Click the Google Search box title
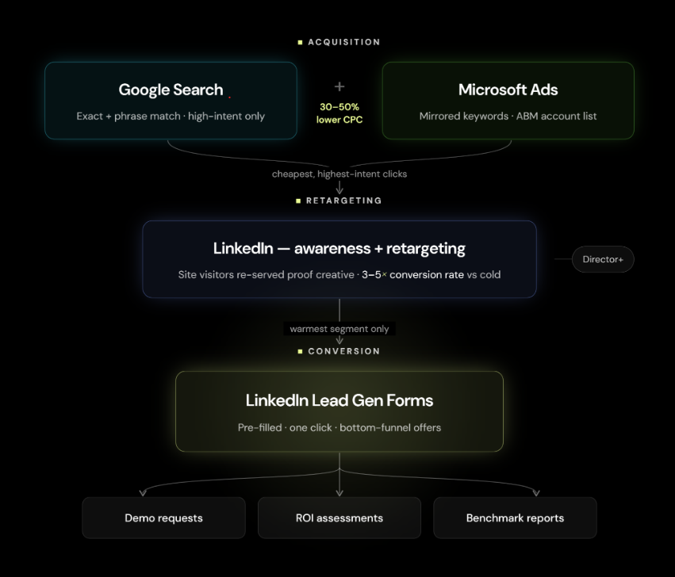click(171, 90)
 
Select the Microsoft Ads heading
click(508, 90)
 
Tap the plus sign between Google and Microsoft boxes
click(339, 86)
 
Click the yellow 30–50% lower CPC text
click(339, 113)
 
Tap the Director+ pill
click(603, 259)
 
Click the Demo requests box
click(163, 518)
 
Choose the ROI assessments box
click(339, 518)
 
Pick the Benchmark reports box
click(515, 518)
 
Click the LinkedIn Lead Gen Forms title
click(339, 400)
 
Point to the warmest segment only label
click(339, 329)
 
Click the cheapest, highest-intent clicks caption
click(339, 174)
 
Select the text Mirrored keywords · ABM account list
click(508, 117)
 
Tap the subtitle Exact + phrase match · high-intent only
click(171, 117)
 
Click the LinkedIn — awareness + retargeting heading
click(339, 248)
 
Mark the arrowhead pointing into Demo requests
click(143, 493)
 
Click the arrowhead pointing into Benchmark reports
click(536, 493)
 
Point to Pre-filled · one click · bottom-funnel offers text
click(339, 428)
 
